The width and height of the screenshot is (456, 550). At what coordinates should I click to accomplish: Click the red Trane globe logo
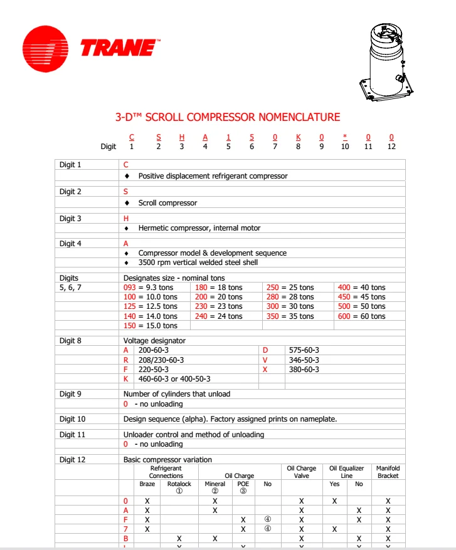[x=45, y=48]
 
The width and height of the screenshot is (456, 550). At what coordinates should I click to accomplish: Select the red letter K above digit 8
[x=298, y=137]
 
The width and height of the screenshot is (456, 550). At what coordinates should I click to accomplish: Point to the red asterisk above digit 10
[x=344, y=137]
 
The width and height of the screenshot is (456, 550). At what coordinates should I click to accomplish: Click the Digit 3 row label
[x=70, y=219]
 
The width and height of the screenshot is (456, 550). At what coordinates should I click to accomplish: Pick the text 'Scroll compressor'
[x=167, y=203]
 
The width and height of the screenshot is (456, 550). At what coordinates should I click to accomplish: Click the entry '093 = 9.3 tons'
[x=151, y=288]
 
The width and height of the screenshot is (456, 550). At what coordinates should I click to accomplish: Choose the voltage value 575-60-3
[x=303, y=350]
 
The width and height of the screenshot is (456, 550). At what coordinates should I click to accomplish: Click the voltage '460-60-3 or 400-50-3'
[x=174, y=379]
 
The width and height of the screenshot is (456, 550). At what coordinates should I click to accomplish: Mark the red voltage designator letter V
[x=265, y=360]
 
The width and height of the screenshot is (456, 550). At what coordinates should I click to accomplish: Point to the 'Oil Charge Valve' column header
[x=301, y=472]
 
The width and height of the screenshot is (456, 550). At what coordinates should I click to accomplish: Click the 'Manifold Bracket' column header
[x=388, y=472]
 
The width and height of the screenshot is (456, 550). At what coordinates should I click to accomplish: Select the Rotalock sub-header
[x=179, y=484]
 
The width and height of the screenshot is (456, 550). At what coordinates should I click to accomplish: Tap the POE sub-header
[x=243, y=484]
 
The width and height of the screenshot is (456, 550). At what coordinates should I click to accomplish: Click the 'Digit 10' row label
[x=72, y=418]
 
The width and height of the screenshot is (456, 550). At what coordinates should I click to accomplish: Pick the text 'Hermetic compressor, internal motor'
[x=199, y=228]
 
